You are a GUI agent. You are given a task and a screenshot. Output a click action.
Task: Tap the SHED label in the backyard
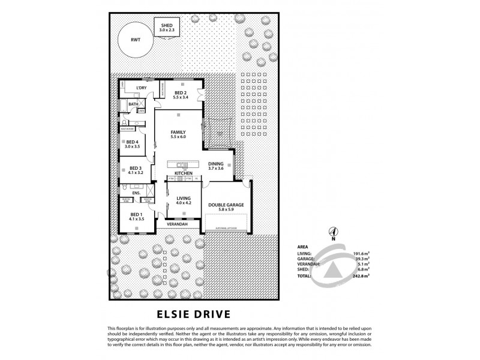click(165, 25)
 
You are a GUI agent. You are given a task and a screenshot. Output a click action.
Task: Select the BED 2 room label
click(181, 93)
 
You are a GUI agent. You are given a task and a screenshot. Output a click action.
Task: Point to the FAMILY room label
click(178, 132)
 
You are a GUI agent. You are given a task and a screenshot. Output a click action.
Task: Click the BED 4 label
click(132, 142)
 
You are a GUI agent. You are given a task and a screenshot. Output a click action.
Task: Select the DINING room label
click(215, 164)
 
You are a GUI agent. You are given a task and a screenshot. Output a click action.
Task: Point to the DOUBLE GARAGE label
click(226, 205)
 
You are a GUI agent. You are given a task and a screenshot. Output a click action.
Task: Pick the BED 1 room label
click(136, 215)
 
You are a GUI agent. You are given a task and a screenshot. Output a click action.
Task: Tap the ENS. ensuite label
click(136, 193)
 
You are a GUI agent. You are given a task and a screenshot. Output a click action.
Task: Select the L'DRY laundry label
click(142, 88)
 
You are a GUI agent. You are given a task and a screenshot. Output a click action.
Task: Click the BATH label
click(133, 104)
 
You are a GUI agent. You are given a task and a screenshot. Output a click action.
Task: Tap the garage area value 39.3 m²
click(361, 259)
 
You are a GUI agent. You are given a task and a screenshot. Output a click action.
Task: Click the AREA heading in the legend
click(303, 247)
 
